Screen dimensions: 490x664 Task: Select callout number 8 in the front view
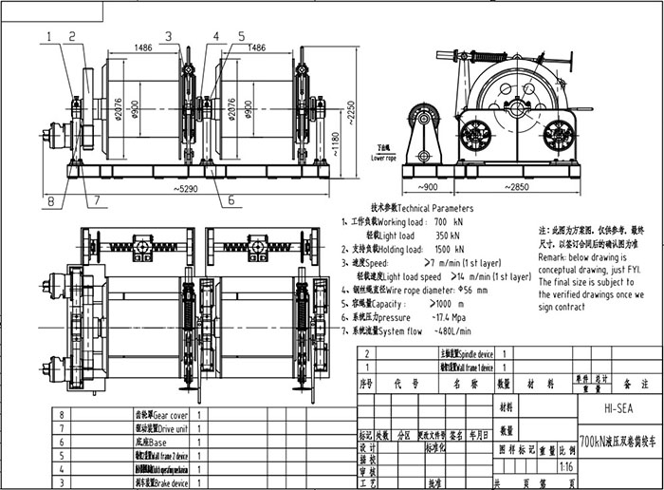coord(48,199)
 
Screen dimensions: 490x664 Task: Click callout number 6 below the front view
coord(231,200)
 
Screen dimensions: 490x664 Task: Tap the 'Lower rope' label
coord(384,157)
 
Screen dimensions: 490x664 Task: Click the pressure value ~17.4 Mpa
coord(451,317)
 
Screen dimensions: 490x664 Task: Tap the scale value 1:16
coord(566,467)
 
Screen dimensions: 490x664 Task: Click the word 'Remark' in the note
coord(554,257)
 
